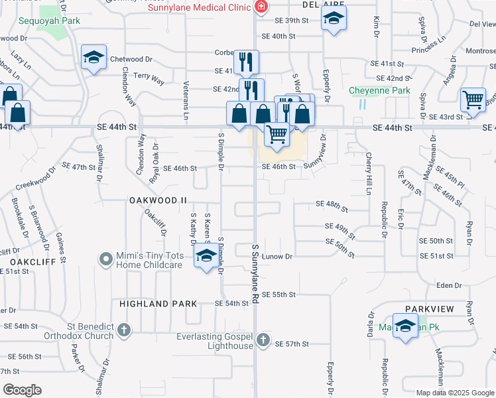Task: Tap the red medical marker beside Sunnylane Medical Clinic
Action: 261,7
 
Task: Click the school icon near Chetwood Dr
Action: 94,58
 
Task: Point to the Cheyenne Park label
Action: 380,90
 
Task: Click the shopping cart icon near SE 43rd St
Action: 473,99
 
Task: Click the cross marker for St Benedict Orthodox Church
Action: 124,330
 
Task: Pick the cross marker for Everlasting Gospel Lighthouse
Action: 263,340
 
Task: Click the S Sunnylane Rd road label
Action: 255,273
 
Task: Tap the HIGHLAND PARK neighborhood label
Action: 158,304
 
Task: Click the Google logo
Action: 22,390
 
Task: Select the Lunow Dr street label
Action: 277,256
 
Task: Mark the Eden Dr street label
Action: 450,285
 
